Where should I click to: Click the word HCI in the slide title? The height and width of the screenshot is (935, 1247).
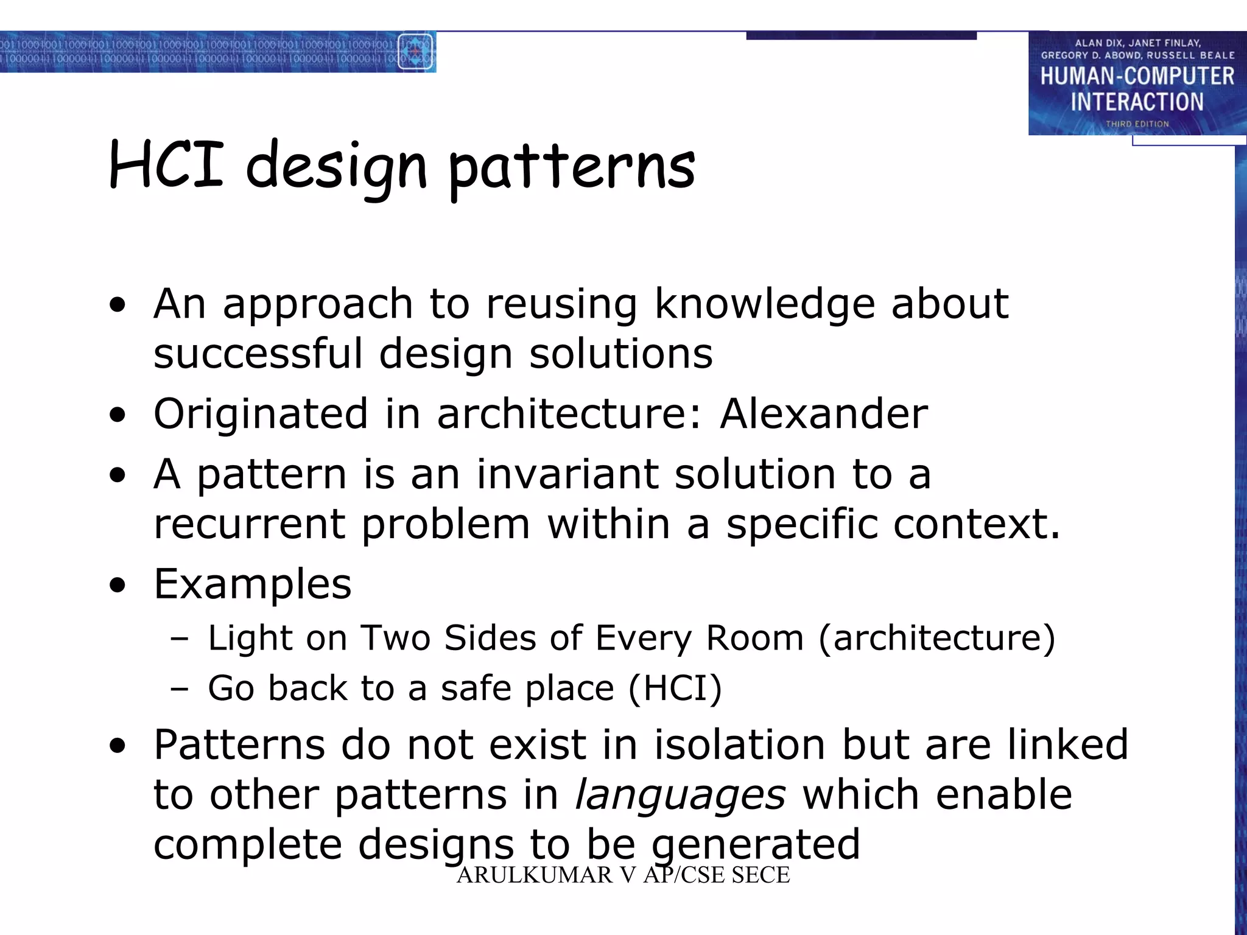[x=166, y=164]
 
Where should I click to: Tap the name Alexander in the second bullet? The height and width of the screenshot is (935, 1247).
[x=823, y=414]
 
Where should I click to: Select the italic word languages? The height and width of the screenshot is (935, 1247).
[x=680, y=796]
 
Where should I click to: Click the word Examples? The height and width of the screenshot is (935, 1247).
[x=253, y=584]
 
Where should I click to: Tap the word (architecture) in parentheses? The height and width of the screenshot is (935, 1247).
[x=936, y=638]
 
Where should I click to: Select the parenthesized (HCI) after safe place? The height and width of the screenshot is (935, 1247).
[x=675, y=688]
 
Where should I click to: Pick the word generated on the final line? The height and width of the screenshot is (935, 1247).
[x=755, y=845]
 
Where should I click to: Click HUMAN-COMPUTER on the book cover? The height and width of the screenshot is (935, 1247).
[x=1137, y=77]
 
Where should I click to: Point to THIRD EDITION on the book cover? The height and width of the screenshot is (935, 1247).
[x=1137, y=124]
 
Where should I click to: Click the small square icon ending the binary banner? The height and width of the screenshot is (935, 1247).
[x=415, y=52]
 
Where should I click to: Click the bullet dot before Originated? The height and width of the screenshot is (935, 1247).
[x=118, y=416]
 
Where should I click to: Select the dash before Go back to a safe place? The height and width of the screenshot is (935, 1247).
[x=179, y=688]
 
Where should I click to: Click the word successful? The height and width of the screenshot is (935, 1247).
[x=258, y=354]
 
